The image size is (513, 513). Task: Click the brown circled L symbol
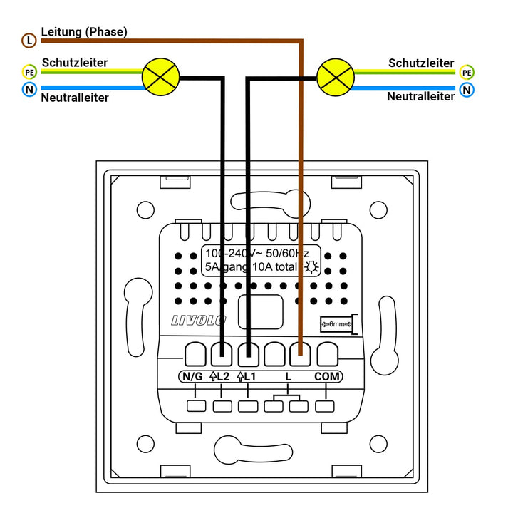(28, 41)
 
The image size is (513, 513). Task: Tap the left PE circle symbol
(28, 72)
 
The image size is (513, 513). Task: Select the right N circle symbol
(467, 90)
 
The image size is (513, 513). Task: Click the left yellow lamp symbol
(160, 76)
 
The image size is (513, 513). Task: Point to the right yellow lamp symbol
(335, 76)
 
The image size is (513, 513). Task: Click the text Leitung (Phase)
(84, 31)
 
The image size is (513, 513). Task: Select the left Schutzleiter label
(75, 63)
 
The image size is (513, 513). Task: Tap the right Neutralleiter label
(420, 96)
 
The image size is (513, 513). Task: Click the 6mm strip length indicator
(337, 324)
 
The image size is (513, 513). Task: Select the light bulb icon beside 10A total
(311, 267)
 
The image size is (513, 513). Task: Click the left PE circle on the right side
(467, 72)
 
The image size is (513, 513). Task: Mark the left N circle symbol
(28, 90)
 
